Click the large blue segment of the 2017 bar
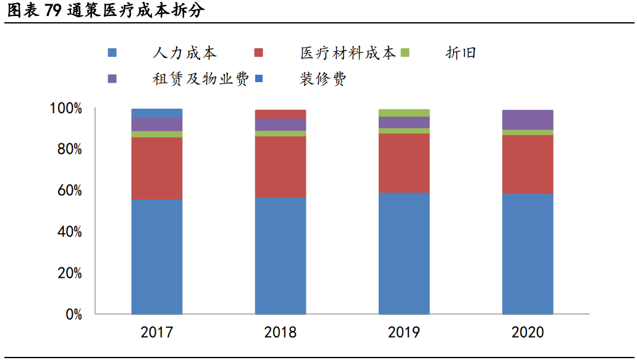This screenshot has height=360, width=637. [x=156, y=256]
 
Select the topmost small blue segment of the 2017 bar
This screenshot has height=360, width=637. [x=156, y=113]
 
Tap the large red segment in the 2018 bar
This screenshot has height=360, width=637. [x=281, y=167]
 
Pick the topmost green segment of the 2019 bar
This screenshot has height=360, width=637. [x=404, y=112]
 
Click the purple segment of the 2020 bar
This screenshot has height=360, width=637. [x=528, y=120]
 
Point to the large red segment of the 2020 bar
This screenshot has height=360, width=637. [x=528, y=164]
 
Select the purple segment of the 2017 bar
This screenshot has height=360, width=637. [x=156, y=124]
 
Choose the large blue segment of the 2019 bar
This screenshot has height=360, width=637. [x=404, y=253]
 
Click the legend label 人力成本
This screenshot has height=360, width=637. [x=185, y=53]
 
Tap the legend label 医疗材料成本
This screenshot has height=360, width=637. [x=348, y=53]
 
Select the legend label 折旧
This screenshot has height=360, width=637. [x=461, y=53]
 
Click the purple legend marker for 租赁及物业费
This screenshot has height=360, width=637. [x=112, y=79]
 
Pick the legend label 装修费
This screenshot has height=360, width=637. [x=323, y=79]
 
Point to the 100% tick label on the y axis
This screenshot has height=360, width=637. [x=65, y=109]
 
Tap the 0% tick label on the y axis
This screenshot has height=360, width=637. [x=73, y=314]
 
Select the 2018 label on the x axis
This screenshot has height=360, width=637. [x=281, y=333]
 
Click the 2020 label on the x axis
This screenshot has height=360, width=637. [x=528, y=333]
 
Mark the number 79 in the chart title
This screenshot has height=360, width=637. [x=53, y=10]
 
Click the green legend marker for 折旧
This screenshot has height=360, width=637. [x=405, y=53]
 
